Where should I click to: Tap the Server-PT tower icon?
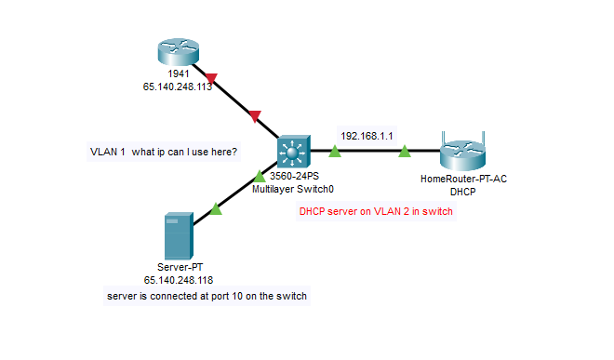coord(177,236)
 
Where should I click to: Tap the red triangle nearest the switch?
coord(255,117)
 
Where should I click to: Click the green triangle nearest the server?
coord(216,210)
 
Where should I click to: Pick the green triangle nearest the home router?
coord(405,150)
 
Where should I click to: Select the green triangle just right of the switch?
coord(334,150)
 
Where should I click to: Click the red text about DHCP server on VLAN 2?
coord(376,211)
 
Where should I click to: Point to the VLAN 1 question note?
coord(164,151)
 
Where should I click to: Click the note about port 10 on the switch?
coord(207,295)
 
